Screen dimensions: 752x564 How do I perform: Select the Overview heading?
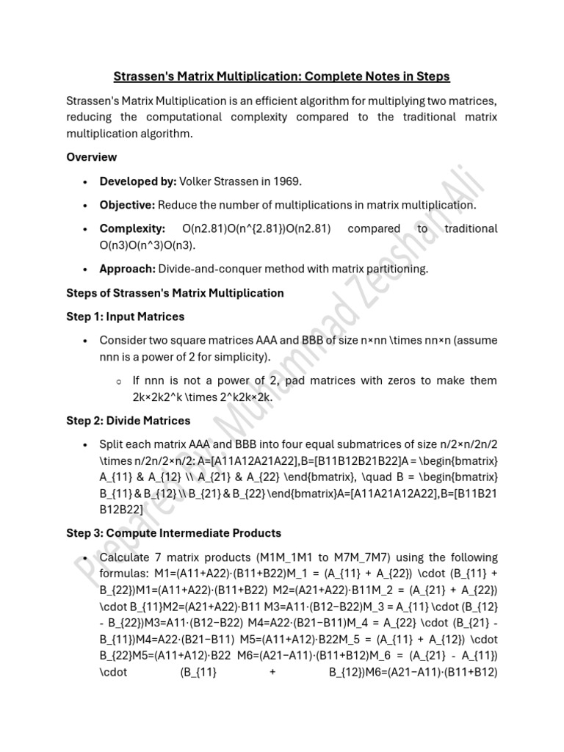point(91,156)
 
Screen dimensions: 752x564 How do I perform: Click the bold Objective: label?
point(127,205)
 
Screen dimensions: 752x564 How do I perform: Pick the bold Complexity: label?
point(132,229)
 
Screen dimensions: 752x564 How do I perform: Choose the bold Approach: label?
point(128,268)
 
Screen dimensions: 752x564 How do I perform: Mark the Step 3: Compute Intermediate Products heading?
point(173,532)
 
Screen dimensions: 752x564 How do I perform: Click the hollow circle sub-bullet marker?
point(118,381)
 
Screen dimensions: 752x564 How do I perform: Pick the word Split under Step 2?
point(112,445)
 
